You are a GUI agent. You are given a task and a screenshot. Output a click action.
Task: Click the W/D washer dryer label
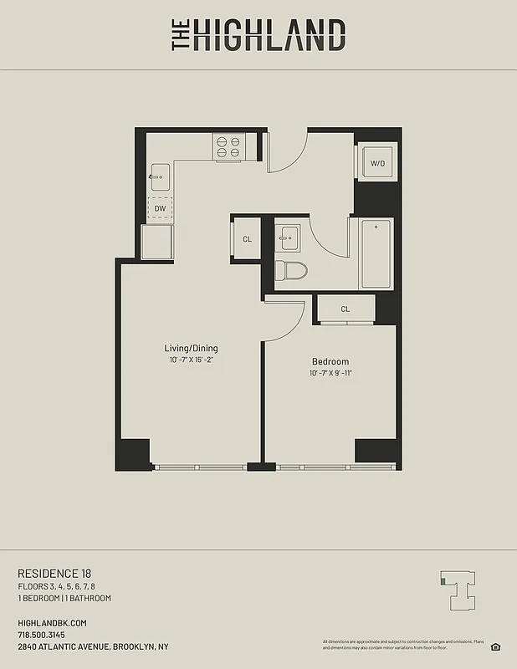(378, 163)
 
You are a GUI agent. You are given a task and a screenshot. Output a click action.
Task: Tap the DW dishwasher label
(159, 208)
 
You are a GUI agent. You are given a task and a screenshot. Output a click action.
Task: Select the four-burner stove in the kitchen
(228, 147)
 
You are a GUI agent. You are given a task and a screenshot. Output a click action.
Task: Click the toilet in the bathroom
(290, 270)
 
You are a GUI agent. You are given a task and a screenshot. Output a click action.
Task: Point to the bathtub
(376, 253)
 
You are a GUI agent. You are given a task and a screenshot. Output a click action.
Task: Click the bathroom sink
(289, 237)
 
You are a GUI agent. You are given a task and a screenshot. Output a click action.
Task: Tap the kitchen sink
(159, 176)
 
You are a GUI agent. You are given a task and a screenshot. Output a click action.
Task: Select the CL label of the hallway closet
(248, 239)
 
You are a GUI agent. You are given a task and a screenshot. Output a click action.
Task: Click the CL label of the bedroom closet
(345, 309)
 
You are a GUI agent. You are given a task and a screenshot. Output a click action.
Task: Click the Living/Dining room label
(191, 348)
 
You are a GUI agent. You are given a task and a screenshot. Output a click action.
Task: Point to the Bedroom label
(329, 361)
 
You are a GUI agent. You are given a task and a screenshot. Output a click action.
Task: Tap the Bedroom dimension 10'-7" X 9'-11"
(329, 373)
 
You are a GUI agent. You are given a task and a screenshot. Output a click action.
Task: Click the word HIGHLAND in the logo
(269, 36)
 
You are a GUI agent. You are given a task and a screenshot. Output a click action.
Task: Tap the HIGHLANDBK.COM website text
(52, 623)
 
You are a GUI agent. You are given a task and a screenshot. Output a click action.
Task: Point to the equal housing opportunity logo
(495, 646)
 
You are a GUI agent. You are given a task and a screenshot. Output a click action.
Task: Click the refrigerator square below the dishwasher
(157, 242)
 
